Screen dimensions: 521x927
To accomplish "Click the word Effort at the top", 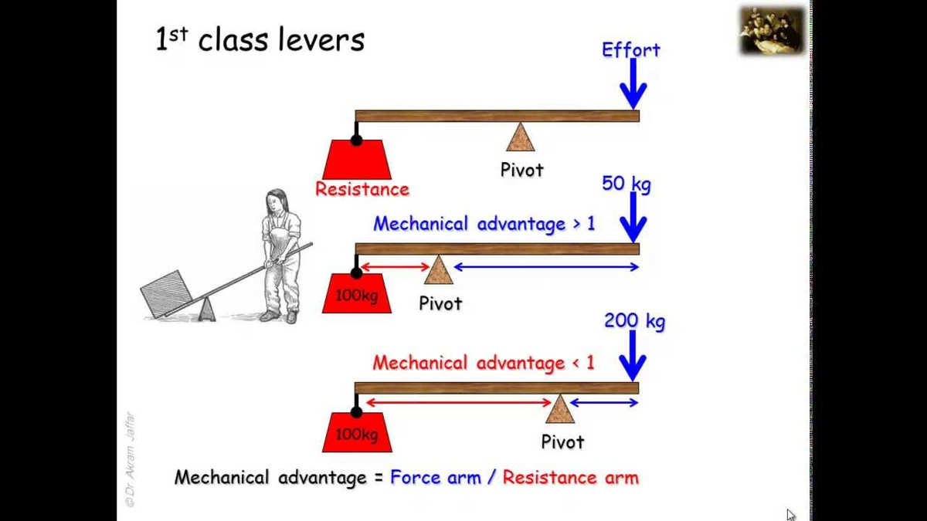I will pos(630,50).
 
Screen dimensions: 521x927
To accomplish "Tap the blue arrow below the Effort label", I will pos(633,84).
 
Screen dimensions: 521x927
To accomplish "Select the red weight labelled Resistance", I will pos(357,160).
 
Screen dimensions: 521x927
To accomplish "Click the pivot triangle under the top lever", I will pos(521,138).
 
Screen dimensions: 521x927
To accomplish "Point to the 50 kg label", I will pos(626,184).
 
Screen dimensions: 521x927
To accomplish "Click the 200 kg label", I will pos(633,320).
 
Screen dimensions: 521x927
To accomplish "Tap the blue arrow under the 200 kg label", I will pos(633,356).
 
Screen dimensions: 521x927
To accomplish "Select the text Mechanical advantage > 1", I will pos(484,224).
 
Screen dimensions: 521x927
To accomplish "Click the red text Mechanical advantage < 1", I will pos(484,363).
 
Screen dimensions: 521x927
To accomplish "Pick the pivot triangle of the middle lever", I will pos(438,271).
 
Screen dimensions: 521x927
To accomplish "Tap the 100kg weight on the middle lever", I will pos(357,294).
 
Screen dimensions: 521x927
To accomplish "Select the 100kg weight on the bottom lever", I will pos(357,433).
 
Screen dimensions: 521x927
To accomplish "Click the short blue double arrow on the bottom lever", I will pos(604,402).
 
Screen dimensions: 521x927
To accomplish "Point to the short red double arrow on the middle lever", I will pos(395,267).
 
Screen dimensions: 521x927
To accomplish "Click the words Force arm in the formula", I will pos(435,478).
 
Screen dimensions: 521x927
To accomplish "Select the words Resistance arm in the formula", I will pos(570,478).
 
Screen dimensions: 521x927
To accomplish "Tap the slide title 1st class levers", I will pos(260,40).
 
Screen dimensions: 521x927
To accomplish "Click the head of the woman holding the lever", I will pos(276,202).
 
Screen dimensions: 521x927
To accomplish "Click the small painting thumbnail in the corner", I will pos(772,30).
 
